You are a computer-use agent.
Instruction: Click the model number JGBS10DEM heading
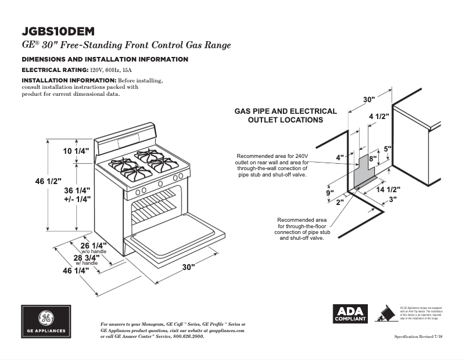[58, 30]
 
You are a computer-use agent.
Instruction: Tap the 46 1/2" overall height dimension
[47, 181]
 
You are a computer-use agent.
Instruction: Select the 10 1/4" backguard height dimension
[77, 151]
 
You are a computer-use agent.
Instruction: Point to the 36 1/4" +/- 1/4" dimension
[77, 195]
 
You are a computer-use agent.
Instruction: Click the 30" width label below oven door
[188, 267]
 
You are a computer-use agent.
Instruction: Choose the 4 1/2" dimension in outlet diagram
[379, 116]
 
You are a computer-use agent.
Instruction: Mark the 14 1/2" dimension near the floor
[388, 189]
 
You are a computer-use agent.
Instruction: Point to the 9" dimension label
[329, 193]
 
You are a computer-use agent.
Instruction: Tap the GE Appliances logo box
[46, 321]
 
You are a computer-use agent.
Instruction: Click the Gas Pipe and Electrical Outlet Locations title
[285, 116]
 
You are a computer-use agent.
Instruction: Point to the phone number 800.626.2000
[188, 337]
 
